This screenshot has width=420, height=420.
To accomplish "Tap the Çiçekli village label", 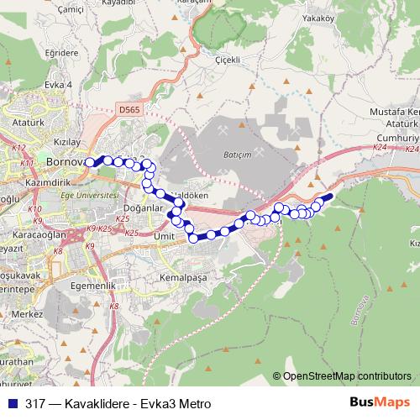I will click(x=228, y=60).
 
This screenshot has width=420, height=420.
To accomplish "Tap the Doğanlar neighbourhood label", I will click(x=140, y=208).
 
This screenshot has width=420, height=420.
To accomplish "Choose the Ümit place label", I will click(x=164, y=237).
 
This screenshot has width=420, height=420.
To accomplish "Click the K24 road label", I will click(x=379, y=147).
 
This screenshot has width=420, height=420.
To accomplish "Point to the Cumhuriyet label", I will click(x=396, y=137).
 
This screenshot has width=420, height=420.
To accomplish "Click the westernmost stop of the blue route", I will click(x=90, y=162).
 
